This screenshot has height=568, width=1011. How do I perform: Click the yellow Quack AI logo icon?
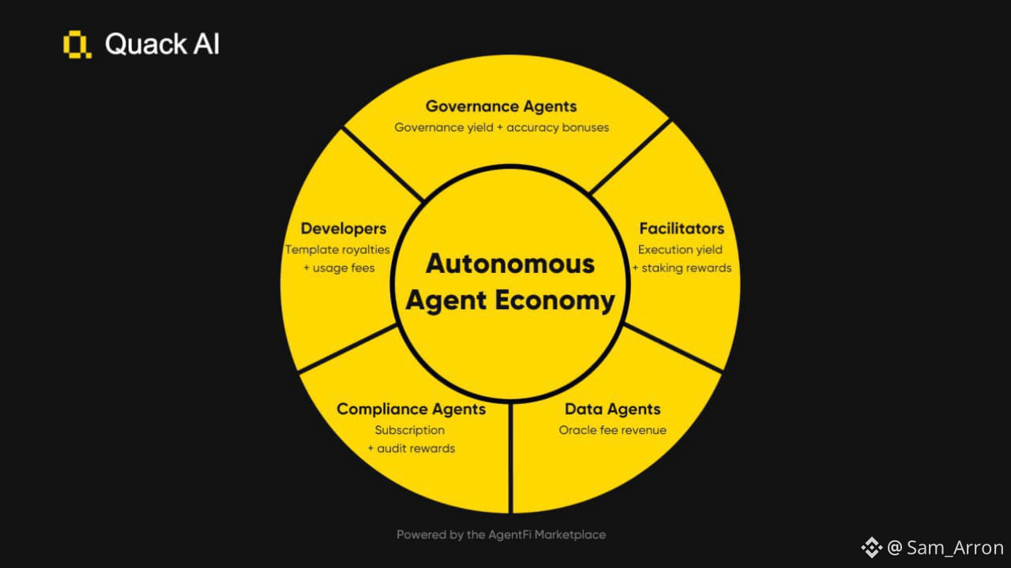coord(77,45)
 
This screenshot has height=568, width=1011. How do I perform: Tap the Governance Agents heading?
coord(501,106)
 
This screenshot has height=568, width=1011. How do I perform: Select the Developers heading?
coord(344,229)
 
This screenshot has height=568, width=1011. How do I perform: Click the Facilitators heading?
coord(681,229)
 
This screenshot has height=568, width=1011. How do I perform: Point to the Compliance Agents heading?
coord(411,409)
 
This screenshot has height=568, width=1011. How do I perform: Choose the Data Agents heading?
coord(612,409)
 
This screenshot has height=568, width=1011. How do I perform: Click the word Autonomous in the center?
coord(509,263)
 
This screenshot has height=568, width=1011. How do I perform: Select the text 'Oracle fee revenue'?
coord(612,431)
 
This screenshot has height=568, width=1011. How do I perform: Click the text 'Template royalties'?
coord(337,250)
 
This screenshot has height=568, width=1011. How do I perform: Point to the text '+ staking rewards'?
coord(682,268)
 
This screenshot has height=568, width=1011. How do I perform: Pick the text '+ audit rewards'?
coord(411,449)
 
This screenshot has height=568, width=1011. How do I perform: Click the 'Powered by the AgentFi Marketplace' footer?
coord(501,535)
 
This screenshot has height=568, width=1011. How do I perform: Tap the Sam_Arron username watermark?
coord(955,547)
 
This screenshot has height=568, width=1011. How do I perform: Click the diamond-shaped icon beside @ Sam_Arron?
coord(871,547)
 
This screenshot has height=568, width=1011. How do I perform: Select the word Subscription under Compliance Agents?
coord(409,431)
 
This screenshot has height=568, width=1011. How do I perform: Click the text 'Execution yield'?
coord(680,250)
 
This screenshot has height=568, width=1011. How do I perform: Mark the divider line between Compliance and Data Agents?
coord(511,458)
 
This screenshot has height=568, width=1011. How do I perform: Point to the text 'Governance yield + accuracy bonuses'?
coord(502,127)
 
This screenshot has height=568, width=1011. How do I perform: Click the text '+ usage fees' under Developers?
coord(339,268)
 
